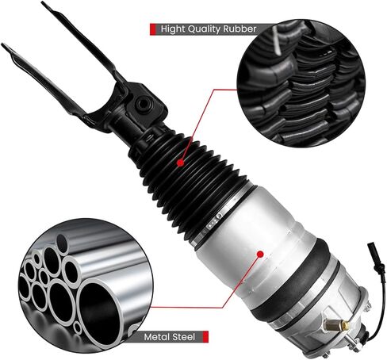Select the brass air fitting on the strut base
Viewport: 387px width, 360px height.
347,325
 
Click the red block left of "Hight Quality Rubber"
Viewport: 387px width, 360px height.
152,29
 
